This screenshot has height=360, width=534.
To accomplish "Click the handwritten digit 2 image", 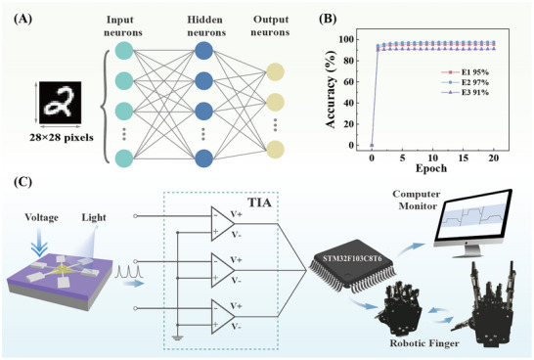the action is pyautogui.click(x=60, y=103).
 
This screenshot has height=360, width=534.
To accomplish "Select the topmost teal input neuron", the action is pyautogui.click(x=124, y=51).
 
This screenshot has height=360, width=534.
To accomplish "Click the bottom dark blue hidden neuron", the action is pyautogui.click(x=204, y=158).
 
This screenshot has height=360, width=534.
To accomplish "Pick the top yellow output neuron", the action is pyautogui.click(x=275, y=72).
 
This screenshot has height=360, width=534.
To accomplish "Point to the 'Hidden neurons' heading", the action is pyautogui.click(x=206, y=26).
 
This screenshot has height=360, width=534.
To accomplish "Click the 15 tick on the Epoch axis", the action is pyautogui.click(x=464, y=158).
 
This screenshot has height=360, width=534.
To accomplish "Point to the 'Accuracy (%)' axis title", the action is pyautogui.click(x=331, y=89).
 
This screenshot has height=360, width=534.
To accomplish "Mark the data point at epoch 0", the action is pyautogui.click(x=372, y=146).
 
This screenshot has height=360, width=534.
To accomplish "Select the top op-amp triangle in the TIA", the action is pyautogui.click(x=223, y=223).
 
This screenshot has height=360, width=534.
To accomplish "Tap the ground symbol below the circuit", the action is pyautogui.click(x=177, y=338).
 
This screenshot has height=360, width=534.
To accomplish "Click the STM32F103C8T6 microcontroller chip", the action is pyautogui.click(x=353, y=266).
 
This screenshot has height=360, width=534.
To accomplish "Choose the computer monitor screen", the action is pyautogui.click(x=473, y=217).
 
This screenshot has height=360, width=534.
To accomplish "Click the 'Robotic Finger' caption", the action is pyautogui.click(x=424, y=343).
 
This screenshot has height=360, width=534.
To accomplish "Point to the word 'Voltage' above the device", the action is pyautogui.click(x=41, y=217).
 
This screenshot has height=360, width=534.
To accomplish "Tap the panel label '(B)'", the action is pyautogui.click(x=328, y=19).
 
